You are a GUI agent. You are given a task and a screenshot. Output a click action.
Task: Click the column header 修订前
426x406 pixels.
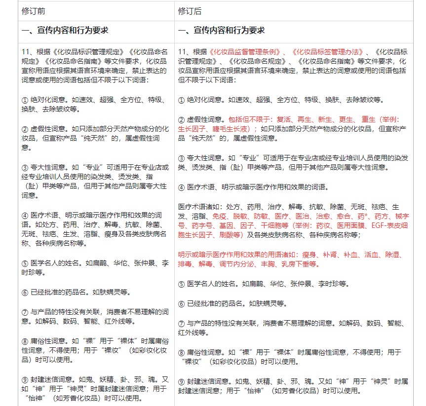point(34,11)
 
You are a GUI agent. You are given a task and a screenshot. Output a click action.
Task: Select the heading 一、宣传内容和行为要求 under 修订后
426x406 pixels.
point(221,31)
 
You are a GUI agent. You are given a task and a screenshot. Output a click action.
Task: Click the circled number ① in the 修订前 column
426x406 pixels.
point(25,100)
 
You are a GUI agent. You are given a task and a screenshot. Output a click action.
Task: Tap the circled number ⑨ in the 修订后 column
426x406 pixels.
point(181,381)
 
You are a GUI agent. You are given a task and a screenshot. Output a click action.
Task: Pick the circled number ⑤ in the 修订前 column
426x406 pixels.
point(25,263)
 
